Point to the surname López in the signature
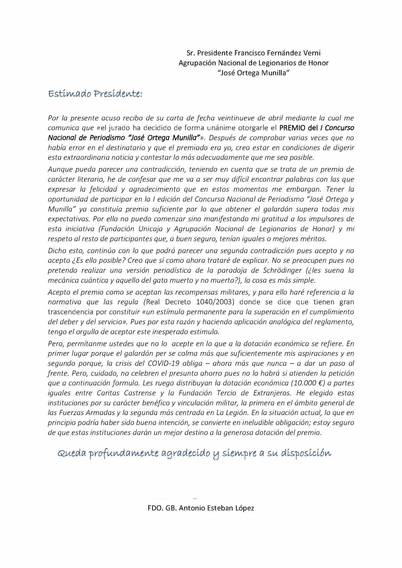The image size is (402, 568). (x=244, y=508)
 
